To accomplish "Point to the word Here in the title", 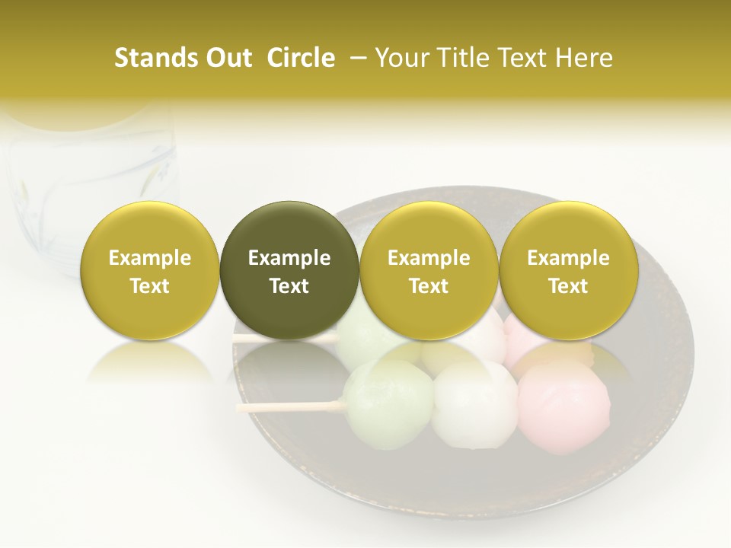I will (585, 58).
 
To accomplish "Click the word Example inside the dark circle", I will (289, 258).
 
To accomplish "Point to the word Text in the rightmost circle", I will (568, 286).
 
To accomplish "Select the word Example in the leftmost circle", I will (149, 258).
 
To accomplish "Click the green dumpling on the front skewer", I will (388, 396).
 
